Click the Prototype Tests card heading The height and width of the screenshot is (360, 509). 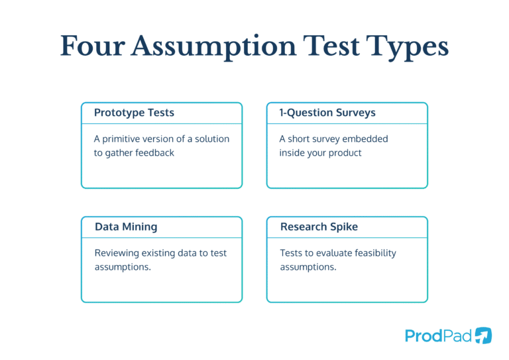134,113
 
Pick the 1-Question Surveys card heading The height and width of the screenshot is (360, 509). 327,113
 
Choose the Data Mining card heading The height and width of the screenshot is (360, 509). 126,227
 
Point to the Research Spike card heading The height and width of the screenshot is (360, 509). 319,227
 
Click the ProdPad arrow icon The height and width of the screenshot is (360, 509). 484,335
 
